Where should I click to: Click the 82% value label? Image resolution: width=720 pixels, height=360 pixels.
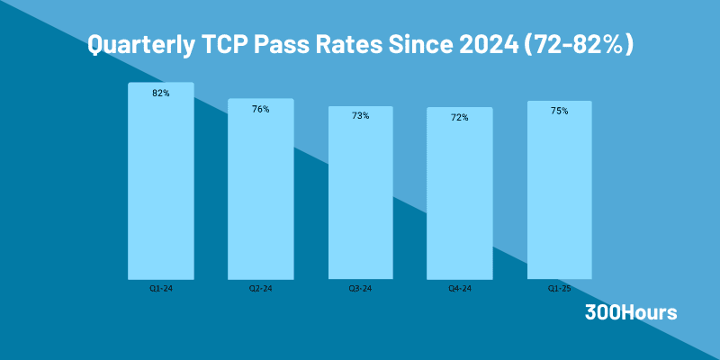160,94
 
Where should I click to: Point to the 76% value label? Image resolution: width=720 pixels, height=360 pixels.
260,109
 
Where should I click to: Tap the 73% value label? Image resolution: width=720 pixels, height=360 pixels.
360,116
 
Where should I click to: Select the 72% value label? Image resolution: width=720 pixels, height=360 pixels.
460,118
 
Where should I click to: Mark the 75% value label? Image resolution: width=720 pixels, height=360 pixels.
559,111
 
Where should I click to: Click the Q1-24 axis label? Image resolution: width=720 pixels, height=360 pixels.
160,289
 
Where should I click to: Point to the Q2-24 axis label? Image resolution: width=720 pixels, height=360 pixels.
260,289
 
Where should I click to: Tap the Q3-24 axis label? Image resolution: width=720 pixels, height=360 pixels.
360,289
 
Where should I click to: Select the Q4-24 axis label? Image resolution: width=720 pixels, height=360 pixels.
460,289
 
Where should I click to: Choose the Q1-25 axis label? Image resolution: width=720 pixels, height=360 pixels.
559,289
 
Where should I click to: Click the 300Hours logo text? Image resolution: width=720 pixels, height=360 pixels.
631,313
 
